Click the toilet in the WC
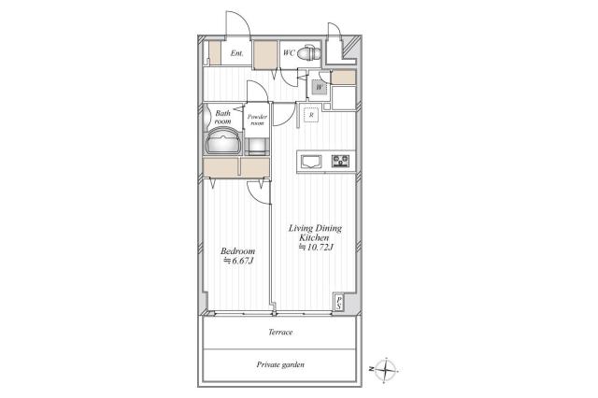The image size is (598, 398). pyautogui.click(x=308, y=53)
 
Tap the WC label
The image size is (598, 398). pyautogui.click(x=289, y=53)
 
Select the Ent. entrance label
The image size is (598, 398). pyautogui.click(x=236, y=53)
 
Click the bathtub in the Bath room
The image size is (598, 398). pyautogui.click(x=223, y=141)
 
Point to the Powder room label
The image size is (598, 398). pyautogui.click(x=258, y=120)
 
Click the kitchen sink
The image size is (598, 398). pyautogui.click(x=311, y=162)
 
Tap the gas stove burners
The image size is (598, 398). pyautogui.click(x=340, y=161)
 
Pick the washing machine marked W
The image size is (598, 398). pyautogui.click(x=319, y=88)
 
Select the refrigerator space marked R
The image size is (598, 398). pyautogui.click(x=311, y=114)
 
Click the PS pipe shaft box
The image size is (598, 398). pyautogui.click(x=338, y=303)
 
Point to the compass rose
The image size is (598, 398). pyautogui.click(x=386, y=369)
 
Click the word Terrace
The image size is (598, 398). pyautogui.click(x=280, y=332)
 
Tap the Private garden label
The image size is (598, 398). pyautogui.click(x=280, y=364)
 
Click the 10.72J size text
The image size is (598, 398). pyautogui.click(x=316, y=247)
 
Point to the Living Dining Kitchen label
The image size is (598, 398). pyautogui.click(x=315, y=233)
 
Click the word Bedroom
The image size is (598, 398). pyautogui.click(x=238, y=251)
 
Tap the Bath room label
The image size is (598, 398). pyautogui.click(x=222, y=117)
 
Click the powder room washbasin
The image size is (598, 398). pyautogui.click(x=257, y=147)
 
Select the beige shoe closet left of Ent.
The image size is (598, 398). pyautogui.click(x=215, y=53)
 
